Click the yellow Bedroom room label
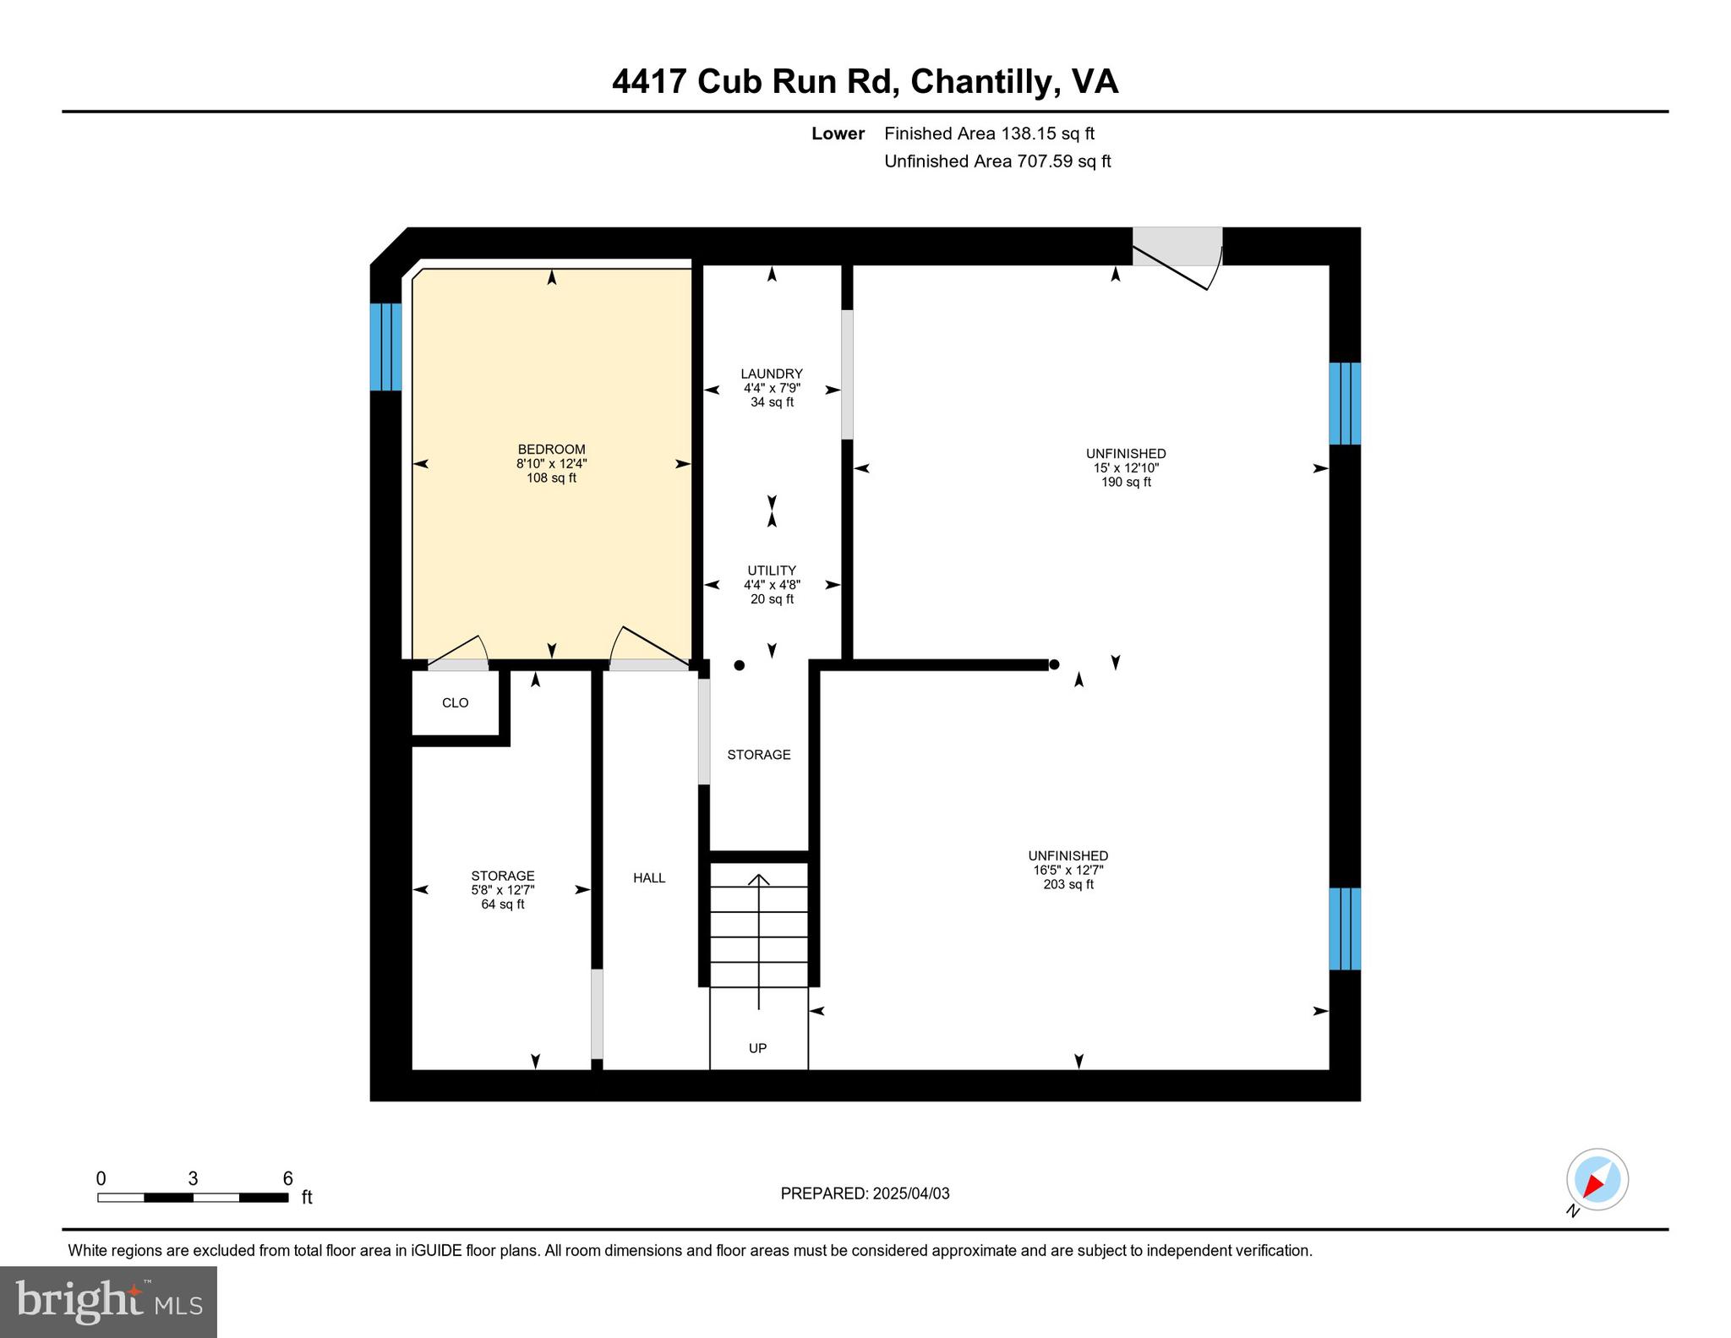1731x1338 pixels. [551, 463]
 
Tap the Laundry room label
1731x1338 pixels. [772, 387]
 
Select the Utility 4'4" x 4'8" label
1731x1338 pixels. [772, 584]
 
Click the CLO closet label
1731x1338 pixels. [455, 702]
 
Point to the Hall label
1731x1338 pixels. [649, 878]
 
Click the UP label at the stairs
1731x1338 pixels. [757, 1048]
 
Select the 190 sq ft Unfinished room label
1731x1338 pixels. [1126, 467]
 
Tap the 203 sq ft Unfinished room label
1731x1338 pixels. [1068, 870]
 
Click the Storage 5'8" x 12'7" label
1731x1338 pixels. [503, 889]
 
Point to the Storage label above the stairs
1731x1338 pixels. [759, 755]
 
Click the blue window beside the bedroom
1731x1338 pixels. [385, 347]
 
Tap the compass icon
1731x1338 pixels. [1597, 1180]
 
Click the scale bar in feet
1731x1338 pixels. [193, 1197]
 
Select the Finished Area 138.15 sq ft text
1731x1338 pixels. [989, 134]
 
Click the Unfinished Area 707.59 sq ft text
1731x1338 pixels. [997, 161]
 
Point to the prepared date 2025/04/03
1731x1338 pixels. [865, 1193]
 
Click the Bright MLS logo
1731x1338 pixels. [108, 1302]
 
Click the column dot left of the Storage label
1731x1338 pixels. [740, 665]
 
